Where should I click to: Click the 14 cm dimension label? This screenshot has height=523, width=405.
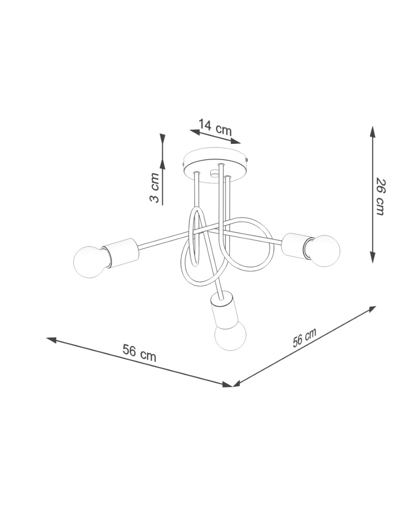click(x=215, y=127)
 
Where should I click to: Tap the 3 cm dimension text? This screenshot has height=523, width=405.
click(x=154, y=187)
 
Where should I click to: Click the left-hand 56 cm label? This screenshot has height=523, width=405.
click(x=139, y=353)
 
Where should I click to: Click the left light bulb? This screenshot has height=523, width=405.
click(x=89, y=261)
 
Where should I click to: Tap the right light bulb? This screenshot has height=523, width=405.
click(x=322, y=251)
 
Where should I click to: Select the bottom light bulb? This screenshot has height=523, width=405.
click(x=230, y=334)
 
